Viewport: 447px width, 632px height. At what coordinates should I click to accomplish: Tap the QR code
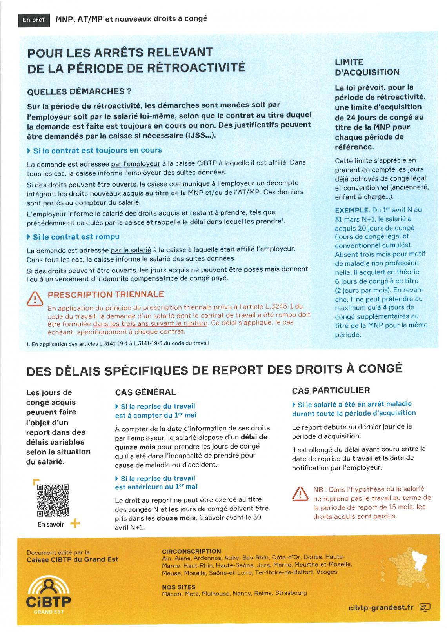tap(53, 499)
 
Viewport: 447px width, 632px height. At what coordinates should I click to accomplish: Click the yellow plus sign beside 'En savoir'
tap(74, 524)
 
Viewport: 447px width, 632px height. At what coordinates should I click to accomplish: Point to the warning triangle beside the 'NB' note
tap(300, 493)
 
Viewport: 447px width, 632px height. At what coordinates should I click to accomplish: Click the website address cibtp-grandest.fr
tap(380, 607)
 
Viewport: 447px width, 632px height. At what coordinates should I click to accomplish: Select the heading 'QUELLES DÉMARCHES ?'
tap(79, 92)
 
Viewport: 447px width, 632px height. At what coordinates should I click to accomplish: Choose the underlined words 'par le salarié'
tap(131, 250)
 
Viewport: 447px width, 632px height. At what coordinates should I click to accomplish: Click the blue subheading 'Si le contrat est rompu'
tap(76, 237)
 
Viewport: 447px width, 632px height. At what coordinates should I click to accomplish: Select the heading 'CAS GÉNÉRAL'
tap(145, 392)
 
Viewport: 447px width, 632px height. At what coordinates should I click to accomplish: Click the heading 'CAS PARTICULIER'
tap(331, 390)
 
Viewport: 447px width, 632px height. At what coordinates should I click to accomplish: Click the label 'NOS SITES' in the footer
tap(178, 587)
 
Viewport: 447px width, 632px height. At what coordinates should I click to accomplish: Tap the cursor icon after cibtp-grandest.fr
tap(425, 607)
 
